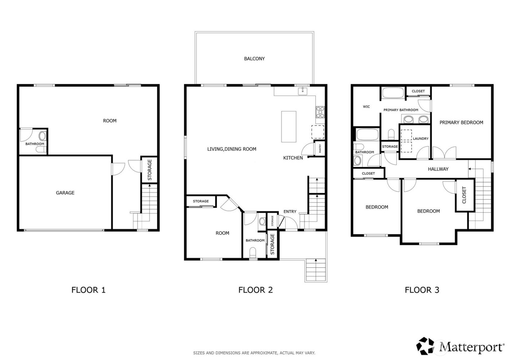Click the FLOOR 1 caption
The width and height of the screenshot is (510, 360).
pyautogui.click(x=88, y=290)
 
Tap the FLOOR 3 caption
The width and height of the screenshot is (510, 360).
pyautogui.click(x=422, y=290)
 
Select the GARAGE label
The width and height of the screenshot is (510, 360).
pyautogui.click(x=65, y=193)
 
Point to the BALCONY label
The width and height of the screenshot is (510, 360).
pyautogui.click(x=254, y=59)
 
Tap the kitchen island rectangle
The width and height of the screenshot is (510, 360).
pyautogui.click(x=289, y=127)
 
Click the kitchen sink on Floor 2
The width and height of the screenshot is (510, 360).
pyautogui.click(x=303, y=91)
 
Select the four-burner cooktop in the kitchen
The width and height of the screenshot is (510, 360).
pyautogui.click(x=320, y=112)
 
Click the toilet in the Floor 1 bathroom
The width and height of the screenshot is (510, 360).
pyautogui.click(x=43, y=137)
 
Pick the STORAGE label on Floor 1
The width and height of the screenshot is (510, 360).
pyautogui.click(x=149, y=170)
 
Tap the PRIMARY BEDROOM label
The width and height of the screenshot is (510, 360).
pyautogui.click(x=461, y=123)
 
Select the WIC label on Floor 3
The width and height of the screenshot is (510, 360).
pyautogui.click(x=366, y=107)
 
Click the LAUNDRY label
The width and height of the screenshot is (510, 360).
pyautogui.click(x=420, y=139)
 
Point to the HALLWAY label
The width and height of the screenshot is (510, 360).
pyautogui.click(x=438, y=169)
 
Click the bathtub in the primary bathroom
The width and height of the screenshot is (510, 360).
pyautogui.click(x=392, y=93)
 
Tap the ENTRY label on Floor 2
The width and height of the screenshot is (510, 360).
pyautogui.click(x=290, y=212)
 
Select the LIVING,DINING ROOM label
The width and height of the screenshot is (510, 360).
pyautogui.click(x=232, y=149)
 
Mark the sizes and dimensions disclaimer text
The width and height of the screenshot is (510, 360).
pyautogui.click(x=254, y=353)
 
